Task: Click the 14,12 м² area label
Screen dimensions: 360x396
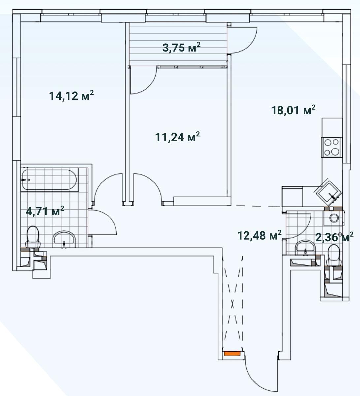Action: pos(71,96)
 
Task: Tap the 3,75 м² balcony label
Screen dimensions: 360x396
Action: pos(181,48)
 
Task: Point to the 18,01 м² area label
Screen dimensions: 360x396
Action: pos(293,110)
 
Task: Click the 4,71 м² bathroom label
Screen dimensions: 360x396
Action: pos(45,211)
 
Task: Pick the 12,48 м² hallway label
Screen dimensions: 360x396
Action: pos(259,235)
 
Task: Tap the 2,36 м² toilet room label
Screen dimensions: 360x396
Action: pos(335,237)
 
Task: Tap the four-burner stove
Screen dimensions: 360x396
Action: pos(332,147)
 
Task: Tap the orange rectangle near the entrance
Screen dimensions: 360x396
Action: pos(232,353)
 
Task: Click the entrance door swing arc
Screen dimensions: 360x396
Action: pos(255,377)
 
